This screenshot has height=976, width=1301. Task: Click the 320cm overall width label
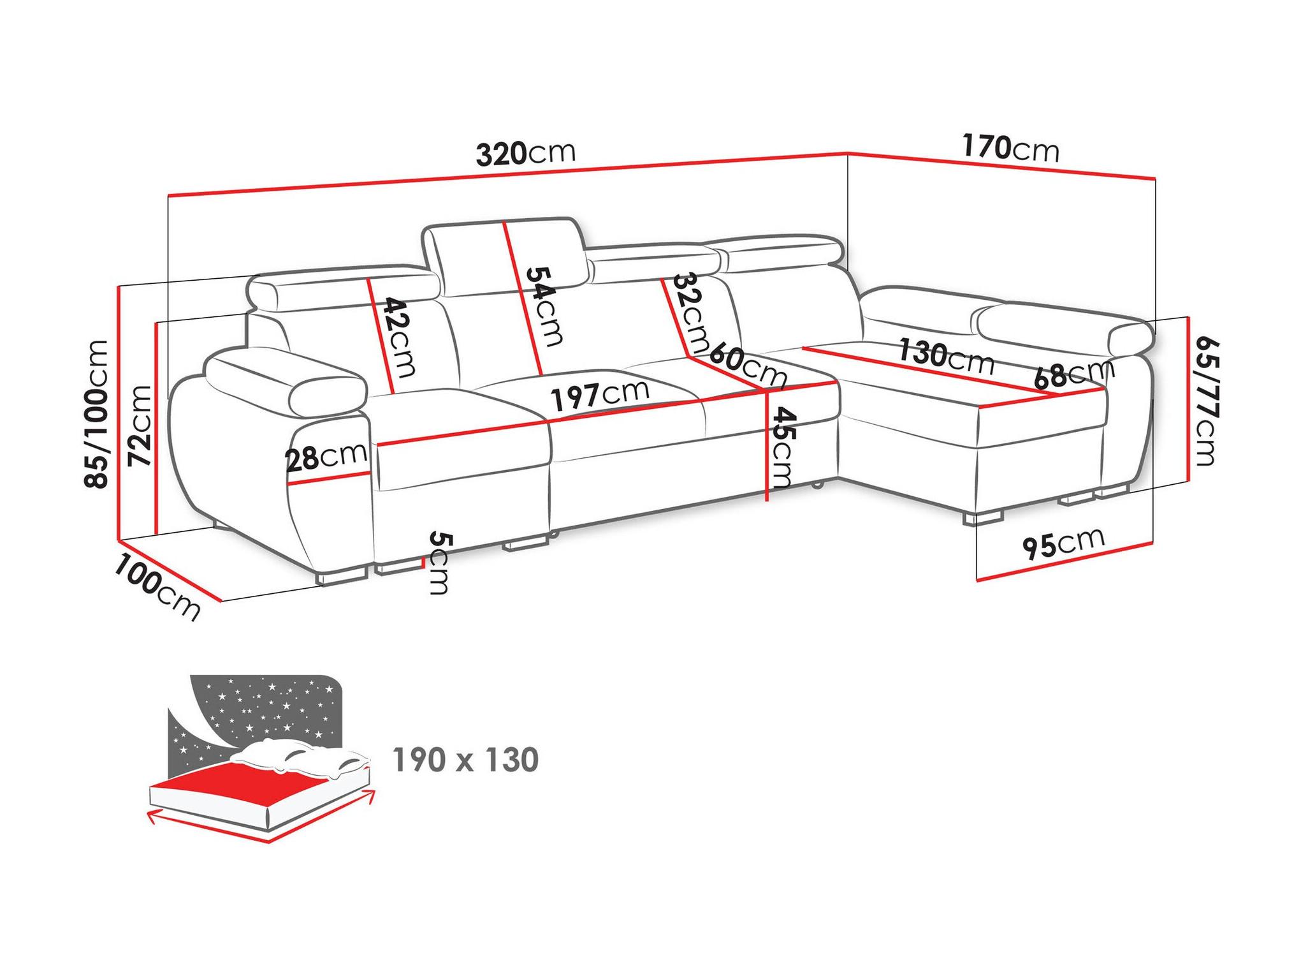(x=526, y=153)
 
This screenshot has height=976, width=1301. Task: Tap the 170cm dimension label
(x=1010, y=149)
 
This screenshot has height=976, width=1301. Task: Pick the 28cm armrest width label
(x=326, y=457)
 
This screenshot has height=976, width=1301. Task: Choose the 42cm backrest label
(x=398, y=337)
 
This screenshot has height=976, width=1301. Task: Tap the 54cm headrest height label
(x=544, y=306)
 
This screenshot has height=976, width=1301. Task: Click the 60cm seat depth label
(x=748, y=365)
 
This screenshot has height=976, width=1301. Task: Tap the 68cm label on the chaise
(x=1075, y=374)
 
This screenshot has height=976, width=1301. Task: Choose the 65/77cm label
(x=1205, y=401)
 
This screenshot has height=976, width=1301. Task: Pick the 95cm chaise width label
(x=1063, y=543)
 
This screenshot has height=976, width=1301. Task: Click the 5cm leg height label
(x=439, y=563)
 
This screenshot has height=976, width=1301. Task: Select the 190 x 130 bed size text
(x=466, y=760)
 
